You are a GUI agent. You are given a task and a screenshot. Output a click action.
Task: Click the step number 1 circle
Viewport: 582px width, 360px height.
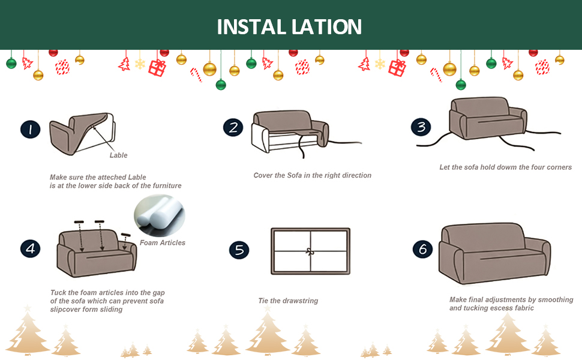point(30,130)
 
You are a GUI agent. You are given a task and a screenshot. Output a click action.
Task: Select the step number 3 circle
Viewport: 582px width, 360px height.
point(421,127)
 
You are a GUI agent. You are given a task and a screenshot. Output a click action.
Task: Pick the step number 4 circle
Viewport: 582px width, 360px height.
point(30,248)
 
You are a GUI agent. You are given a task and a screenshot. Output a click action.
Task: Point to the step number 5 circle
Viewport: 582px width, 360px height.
point(239,250)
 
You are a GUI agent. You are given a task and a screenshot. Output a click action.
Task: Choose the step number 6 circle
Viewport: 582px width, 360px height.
point(423,248)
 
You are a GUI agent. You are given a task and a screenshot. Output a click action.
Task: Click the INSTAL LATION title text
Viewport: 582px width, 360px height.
point(289,27)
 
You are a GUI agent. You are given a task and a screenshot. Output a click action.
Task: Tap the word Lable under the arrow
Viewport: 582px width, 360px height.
point(118,155)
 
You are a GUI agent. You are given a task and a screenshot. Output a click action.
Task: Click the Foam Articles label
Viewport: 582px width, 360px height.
point(163,243)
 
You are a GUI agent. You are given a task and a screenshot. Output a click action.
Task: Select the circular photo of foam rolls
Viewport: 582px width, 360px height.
point(159,215)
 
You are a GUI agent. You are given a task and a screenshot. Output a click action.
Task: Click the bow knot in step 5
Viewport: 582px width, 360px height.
point(310,251)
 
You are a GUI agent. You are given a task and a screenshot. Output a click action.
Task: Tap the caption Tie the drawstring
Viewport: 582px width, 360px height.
point(288,301)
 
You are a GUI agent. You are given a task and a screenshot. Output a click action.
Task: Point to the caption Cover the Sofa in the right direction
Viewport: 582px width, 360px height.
point(313,175)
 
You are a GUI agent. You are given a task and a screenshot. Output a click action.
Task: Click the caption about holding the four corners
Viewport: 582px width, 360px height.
point(505,167)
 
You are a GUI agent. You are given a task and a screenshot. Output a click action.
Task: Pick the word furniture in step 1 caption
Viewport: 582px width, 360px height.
point(164,186)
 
